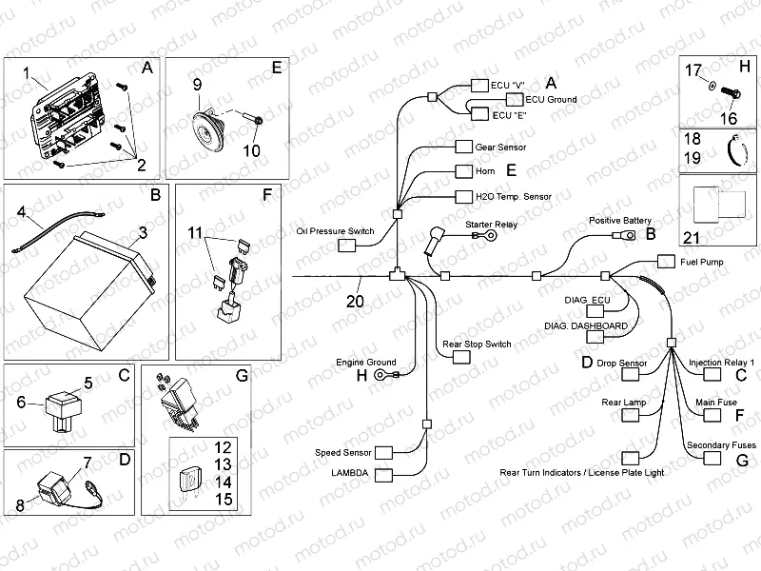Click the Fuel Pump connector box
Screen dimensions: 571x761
coord(663,262)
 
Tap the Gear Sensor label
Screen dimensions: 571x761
coord(500,148)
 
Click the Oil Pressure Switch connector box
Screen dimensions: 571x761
coord(347,246)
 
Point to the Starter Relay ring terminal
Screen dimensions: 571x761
coord(494,235)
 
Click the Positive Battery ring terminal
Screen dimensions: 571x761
coord(629,230)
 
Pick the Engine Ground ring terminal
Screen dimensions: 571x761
coord(382,376)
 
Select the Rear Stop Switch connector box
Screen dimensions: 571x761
coord(462,356)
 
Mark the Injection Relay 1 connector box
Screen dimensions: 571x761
coord(712,377)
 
